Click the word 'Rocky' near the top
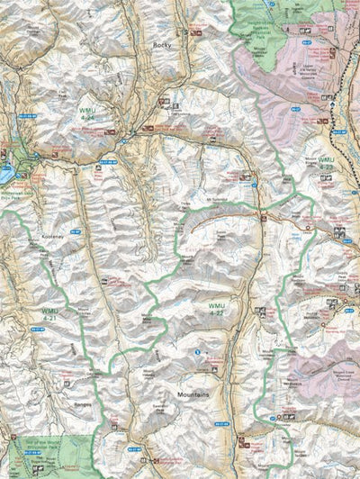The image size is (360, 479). coord(161,44)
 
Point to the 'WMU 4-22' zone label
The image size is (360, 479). coord(217,309)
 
